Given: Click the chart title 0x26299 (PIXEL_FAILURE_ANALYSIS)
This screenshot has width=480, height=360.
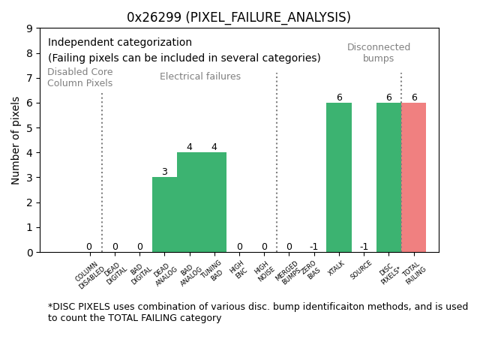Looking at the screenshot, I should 238,17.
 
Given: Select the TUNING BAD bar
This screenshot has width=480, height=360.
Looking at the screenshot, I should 214,202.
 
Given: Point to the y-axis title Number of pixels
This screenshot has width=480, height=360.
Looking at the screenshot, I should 16,140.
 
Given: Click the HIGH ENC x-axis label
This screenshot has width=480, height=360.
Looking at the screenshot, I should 239,270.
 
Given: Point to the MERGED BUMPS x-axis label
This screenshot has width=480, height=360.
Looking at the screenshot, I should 288,272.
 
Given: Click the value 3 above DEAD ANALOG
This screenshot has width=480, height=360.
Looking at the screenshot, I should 164,172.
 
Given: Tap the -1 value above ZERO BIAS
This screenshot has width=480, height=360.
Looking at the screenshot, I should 313,247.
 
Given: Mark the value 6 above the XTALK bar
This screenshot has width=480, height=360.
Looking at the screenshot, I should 339,97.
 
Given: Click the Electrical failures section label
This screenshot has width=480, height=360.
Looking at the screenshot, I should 200,76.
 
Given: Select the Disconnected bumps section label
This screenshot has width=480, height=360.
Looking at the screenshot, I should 379,52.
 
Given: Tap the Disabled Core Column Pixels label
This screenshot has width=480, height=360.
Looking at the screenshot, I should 80,77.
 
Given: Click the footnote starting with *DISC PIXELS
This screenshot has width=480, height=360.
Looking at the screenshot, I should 258,312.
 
